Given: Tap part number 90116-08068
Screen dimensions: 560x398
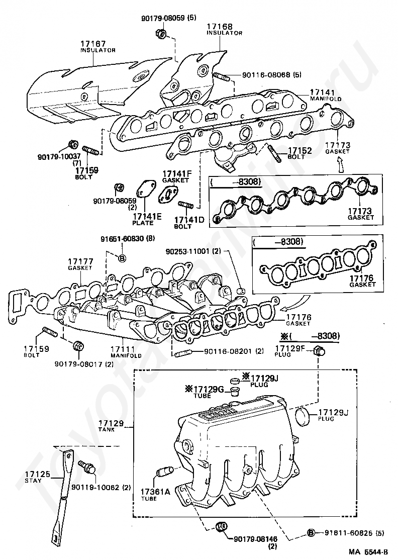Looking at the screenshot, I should tap(266, 75).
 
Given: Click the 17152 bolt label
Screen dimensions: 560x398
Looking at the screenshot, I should tap(300, 150).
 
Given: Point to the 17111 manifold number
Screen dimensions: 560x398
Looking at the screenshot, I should tap(123, 348).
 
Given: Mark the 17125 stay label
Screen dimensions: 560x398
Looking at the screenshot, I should tap(38, 474).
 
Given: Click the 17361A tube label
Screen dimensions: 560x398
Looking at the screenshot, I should tap(155, 492).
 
